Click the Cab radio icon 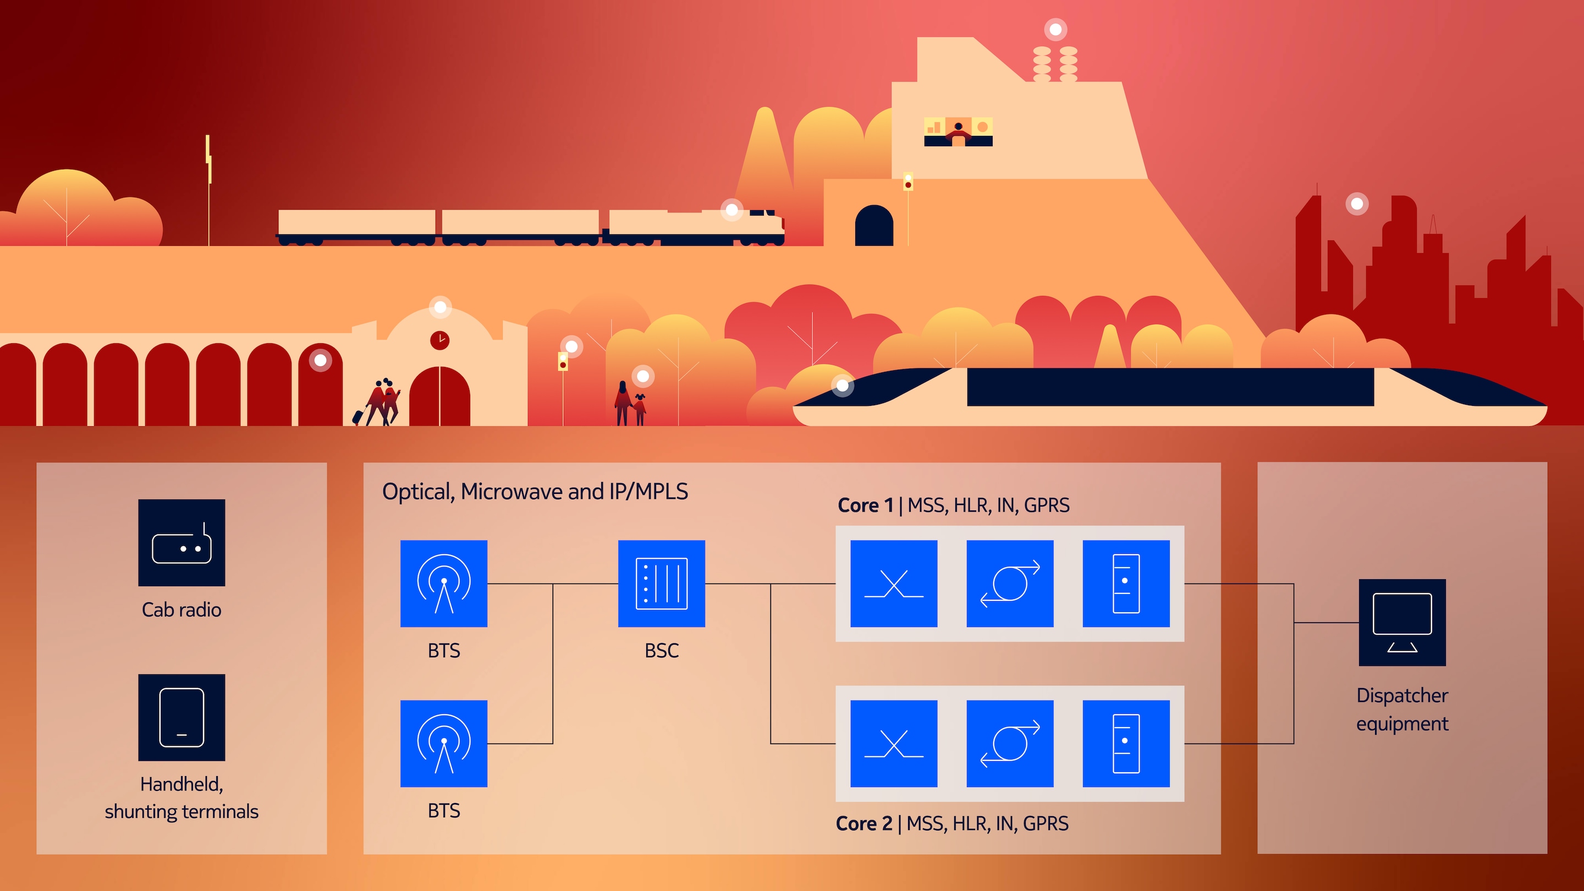[x=182, y=542]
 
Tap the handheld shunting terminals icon [x=182, y=718]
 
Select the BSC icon [x=661, y=584]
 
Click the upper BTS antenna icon [x=443, y=584]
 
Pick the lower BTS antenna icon [x=443, y=744]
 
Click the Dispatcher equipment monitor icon [x=1402, y=622]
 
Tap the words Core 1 [x=865, y=505]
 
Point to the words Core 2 [x=864, y=823]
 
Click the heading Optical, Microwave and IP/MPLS [x=535, y=492]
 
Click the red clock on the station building [x=439, y=340]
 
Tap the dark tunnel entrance [x=874, y=226]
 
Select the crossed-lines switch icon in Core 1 [x=893, y=584]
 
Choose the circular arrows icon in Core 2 [x=1010, y=744]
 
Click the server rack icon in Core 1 [x=1126, y=584]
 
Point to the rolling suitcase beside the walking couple [x=358, y=416]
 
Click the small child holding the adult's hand [x=640, y=410]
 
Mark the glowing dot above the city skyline [x=1357, y=204]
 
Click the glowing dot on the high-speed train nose [x=843, y=386]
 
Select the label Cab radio [x=182, y=610]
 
